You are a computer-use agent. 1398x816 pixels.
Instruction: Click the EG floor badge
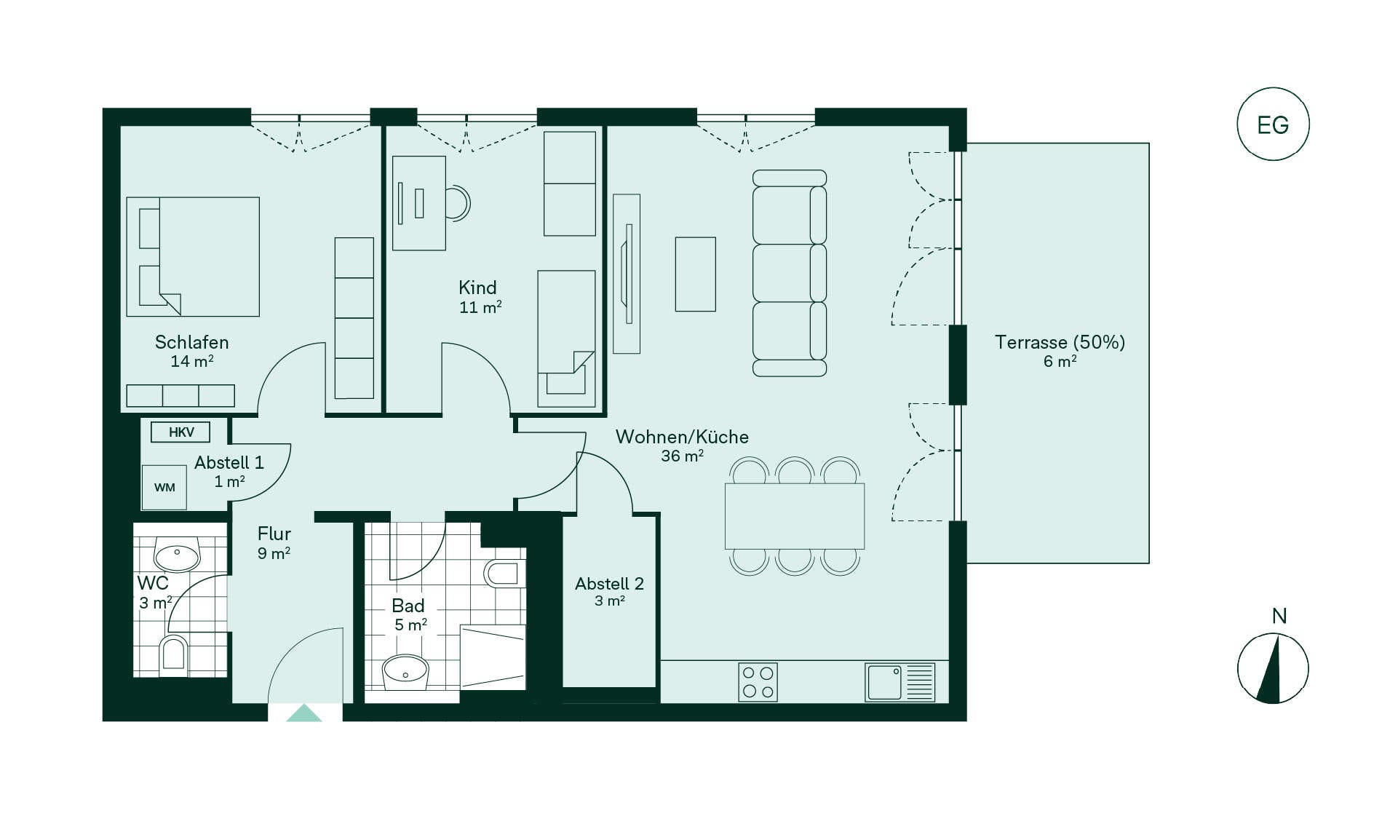click(1273, 124)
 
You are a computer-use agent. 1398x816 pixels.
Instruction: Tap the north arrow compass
click(1273, 668)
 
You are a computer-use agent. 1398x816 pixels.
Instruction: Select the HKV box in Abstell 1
click(180, 432)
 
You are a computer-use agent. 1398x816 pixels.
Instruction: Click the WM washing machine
click(164, 487)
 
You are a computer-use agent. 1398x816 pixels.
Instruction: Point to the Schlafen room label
click(192, 342)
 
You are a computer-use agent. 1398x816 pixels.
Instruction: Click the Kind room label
click(477, 288)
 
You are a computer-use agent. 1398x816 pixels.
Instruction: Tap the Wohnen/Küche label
click(682, 437)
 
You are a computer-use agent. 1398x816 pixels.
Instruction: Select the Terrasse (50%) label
click(1060, 342)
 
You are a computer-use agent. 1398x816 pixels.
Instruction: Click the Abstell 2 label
click(609, 584)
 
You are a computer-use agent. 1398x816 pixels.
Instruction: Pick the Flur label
click(274, 534)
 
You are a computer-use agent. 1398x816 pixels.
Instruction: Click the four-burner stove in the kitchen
click(758, 682)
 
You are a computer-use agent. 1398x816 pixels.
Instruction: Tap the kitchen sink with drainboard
click(900, 682)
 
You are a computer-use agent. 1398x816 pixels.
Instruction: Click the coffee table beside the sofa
click(696, 274)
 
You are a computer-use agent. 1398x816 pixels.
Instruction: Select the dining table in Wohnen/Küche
click(795, 516)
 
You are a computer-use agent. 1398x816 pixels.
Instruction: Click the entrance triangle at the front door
click(304, 713)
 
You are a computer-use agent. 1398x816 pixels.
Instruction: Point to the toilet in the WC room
click(174, 652)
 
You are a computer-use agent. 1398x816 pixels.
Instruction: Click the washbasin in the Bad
click(405, 671)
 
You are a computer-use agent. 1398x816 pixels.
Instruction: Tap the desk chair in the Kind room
click(458, 203)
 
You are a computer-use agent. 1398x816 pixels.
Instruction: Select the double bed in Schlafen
click(193, 256)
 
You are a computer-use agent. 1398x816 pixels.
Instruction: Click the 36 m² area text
click(682, 456)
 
